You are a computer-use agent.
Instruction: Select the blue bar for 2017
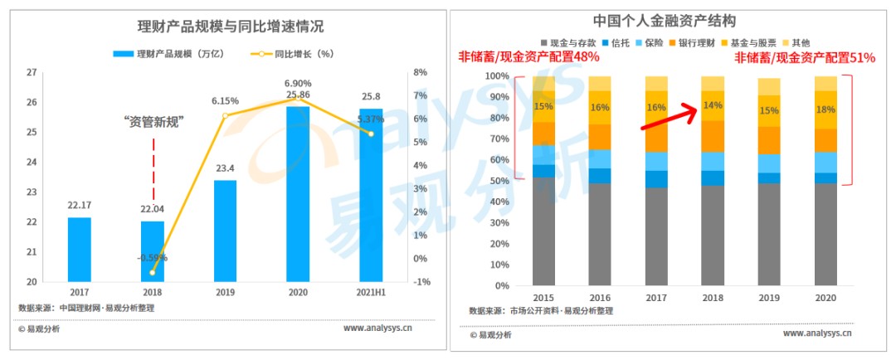(80, 249)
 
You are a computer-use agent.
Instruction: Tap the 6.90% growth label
(298, 84)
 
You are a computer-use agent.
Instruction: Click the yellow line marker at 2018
(152, 272)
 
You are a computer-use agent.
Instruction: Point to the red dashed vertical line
(153, 170)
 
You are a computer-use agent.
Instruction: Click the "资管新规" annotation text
(153, 121)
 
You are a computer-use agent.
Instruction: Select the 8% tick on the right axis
(421, 72)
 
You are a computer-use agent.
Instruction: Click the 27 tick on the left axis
(32, 72)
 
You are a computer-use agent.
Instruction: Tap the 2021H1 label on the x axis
(371, 293)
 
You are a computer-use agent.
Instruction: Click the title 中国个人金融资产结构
(665, 20)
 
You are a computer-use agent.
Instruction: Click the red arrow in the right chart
(668, 117)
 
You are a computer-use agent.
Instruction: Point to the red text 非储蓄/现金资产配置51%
(805, 58)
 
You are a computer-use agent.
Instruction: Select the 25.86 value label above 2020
(298, 95)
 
